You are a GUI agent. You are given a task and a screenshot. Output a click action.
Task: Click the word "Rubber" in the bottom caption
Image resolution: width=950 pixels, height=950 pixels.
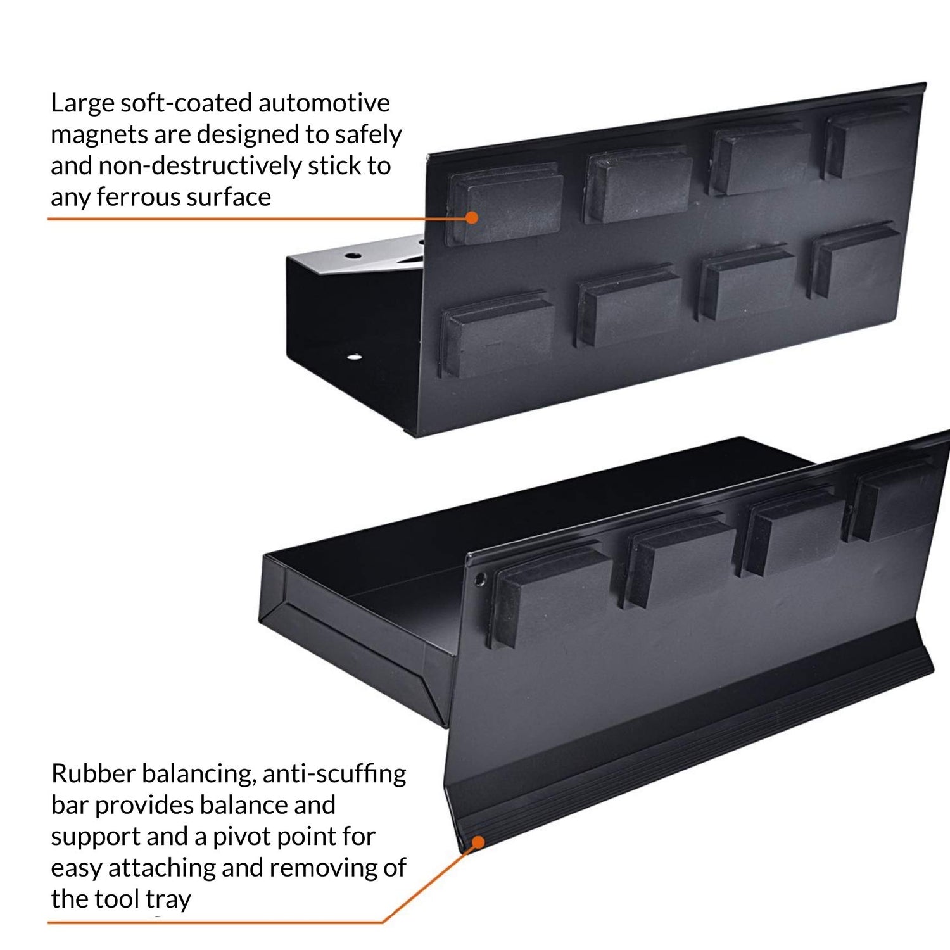click(x=92, y=773)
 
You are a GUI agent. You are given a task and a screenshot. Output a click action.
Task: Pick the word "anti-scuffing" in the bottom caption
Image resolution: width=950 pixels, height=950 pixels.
click(x=334, y=774)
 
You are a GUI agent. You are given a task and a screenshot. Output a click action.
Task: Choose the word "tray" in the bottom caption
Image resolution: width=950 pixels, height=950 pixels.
click(x=168, y=899)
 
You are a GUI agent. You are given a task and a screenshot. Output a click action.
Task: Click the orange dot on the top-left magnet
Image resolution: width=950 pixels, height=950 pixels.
click(x=471, y=217)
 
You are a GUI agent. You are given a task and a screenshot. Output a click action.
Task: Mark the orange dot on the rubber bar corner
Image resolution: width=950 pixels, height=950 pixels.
click(x=479, y=842)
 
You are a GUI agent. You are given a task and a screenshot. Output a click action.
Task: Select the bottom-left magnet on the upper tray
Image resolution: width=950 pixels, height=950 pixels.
click(x=498, y=334)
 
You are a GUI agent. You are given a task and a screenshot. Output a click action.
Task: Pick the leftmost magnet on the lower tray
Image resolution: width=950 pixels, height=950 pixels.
click(x=549, y=596)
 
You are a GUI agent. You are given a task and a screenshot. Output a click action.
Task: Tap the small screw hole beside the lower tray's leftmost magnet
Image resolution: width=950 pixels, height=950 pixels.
click(x=479, y=579)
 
